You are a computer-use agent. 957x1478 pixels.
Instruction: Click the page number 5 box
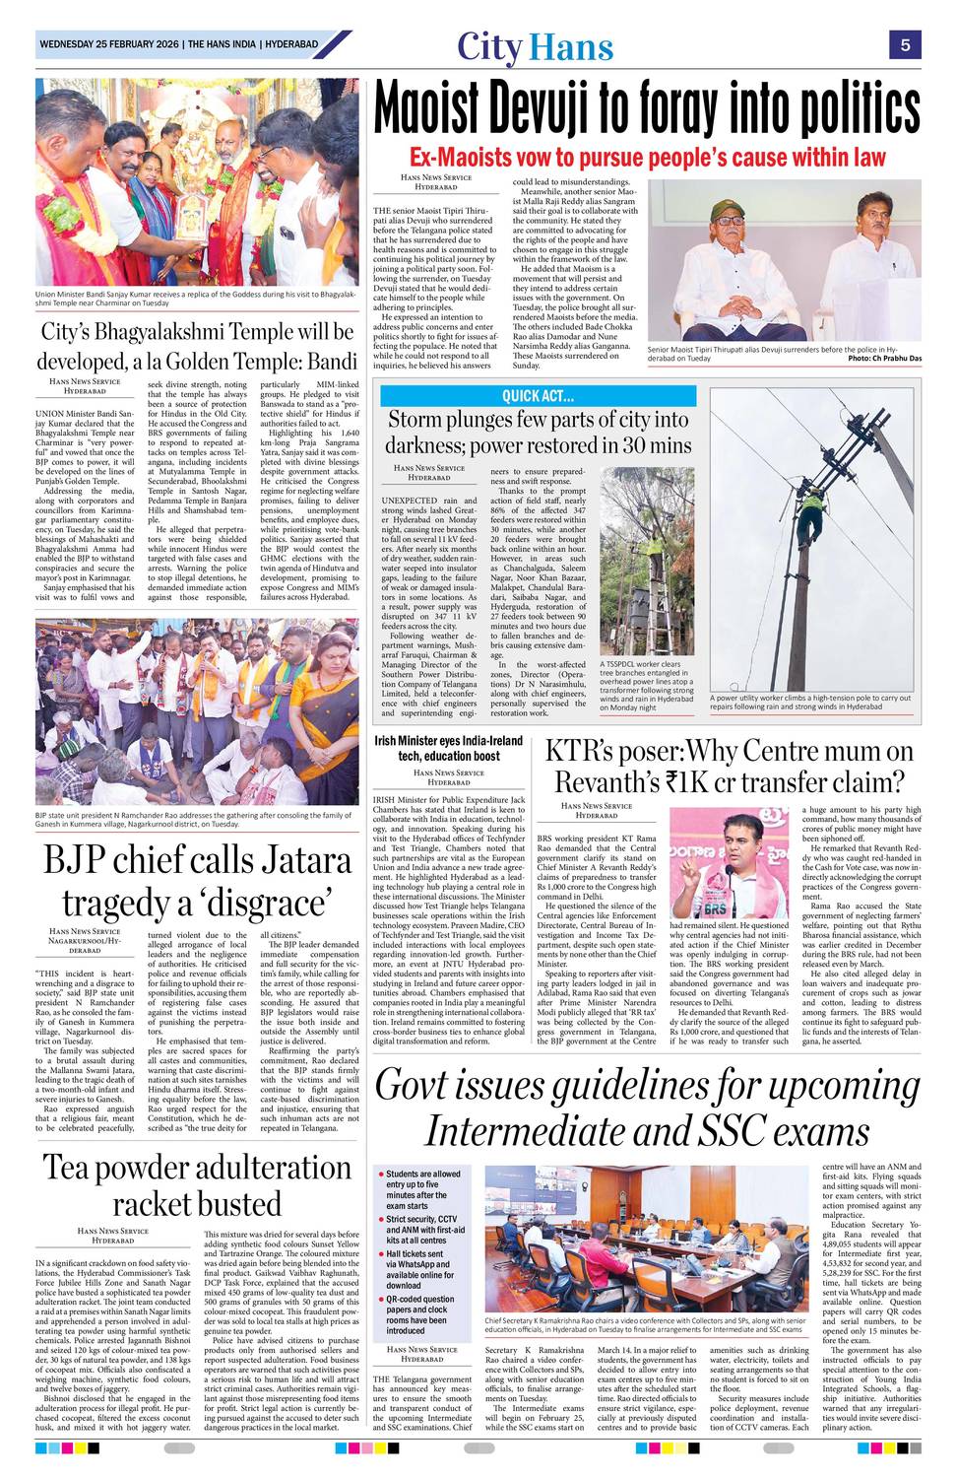point(904,44)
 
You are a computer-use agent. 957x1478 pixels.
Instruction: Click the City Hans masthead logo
point(535,47)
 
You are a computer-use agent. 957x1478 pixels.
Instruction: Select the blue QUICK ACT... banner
point(538,396)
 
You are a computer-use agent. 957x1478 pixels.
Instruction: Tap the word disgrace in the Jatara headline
point(276,903)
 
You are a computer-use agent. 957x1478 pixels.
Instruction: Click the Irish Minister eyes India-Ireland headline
point(448,748)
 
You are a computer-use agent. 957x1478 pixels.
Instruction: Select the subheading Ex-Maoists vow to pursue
point(647,158)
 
